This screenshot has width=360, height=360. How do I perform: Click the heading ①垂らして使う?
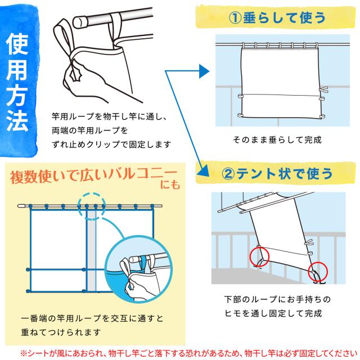point(278,17)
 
